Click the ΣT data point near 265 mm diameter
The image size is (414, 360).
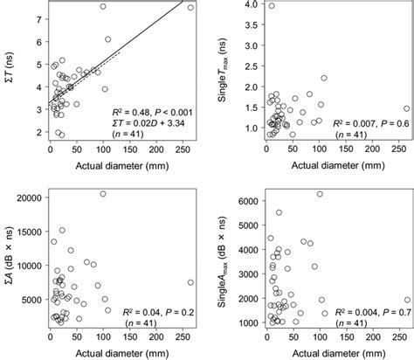191,7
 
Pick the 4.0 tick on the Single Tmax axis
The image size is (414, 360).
251,5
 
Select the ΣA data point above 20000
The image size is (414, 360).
103,194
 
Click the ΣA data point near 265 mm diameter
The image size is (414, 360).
191,282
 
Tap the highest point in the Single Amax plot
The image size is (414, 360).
320,194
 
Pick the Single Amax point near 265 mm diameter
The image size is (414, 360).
406,299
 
